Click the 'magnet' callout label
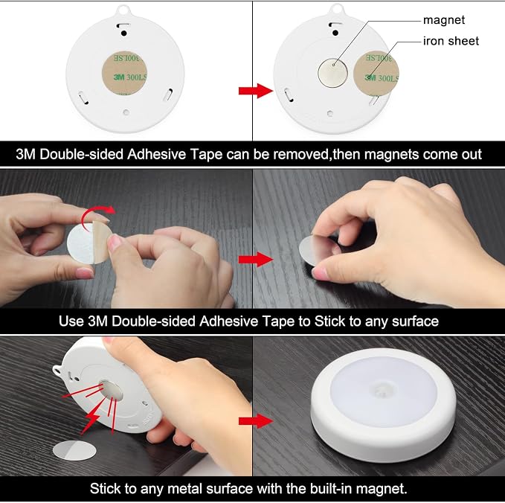(x=444, y=20)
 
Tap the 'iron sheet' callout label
(x=451, y=41)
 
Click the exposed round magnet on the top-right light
(x=332, y=72)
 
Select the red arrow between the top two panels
(x=256, y=91)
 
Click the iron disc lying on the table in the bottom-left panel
(x=74, y=450)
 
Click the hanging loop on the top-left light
(x=123, y=10)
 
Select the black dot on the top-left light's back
(x=123, y=33)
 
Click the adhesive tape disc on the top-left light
(x=125, y=74)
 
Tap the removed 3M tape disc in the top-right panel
(x=376, y=74)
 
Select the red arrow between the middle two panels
(x=256, y=260)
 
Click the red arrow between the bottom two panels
(x=256, y=421)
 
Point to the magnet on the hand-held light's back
(x=111, y=391)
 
